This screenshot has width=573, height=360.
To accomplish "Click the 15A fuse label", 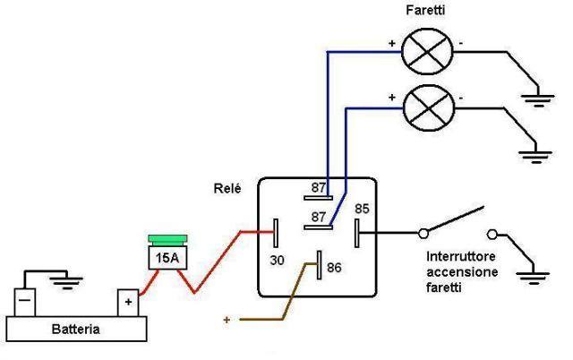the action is (167, 258).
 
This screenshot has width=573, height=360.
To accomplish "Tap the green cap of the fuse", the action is (167, 240).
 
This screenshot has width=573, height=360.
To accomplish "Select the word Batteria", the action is (75, 329).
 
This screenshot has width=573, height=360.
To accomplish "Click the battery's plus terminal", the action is (128, 303).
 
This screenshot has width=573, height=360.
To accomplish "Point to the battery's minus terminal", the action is (25, 303).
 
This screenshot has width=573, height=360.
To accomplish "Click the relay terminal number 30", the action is (277, 261).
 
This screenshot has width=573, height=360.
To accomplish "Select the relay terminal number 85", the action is (362, 209).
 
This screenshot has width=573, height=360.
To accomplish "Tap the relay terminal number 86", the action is (334, 268).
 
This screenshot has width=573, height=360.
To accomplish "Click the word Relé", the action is (227, 189).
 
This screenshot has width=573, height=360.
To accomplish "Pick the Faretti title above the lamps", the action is (426, 10).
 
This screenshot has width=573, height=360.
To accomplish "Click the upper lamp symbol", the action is (427, 52).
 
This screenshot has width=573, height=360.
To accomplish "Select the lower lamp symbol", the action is (429, 108).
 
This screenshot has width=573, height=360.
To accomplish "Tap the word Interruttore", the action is (461, 256).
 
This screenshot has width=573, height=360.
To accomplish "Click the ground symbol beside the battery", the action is (66, 282).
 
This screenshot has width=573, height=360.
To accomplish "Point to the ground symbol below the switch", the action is (534, 277).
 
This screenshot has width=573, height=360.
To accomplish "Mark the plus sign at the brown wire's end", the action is (227, 320).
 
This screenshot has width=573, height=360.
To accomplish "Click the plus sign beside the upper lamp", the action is (392, 43).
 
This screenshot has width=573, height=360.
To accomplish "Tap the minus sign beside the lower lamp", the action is (461, 98).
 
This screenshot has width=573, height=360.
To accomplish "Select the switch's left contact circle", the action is (423, 233).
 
